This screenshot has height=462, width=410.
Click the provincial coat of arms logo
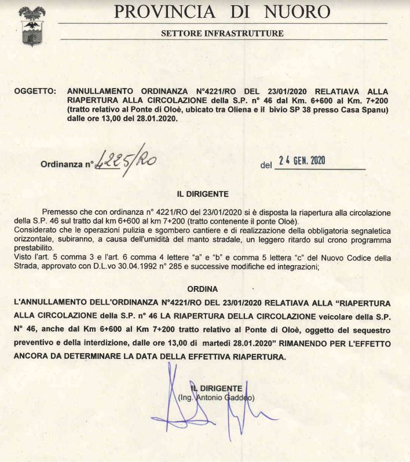(x=32, y=26)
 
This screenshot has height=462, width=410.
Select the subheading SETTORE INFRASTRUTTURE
(x=222, y=33)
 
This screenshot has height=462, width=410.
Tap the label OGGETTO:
(x=35, y=91)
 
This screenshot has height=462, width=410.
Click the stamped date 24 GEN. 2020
(x=302, y=161)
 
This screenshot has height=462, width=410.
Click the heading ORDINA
(x=203, y=288)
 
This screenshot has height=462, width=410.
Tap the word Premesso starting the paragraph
(x=61, y=213)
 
